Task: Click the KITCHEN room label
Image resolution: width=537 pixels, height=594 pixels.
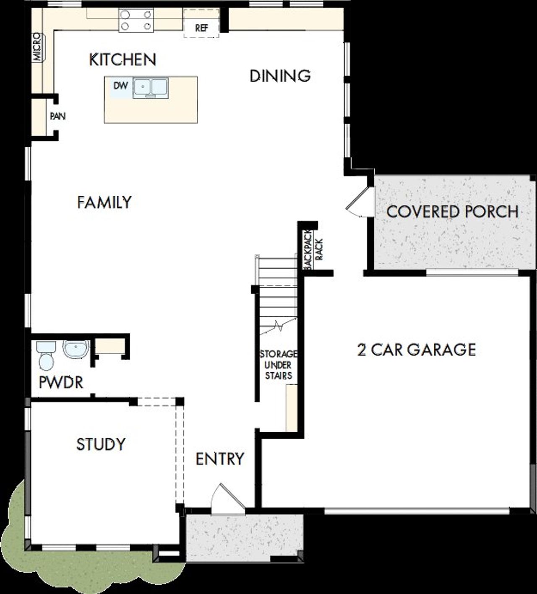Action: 123,60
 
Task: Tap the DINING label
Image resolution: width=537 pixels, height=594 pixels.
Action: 280,76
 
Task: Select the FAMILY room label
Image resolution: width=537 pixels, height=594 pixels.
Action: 104,202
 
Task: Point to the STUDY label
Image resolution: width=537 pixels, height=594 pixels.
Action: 101,444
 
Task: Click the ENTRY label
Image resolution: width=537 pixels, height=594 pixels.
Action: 220,459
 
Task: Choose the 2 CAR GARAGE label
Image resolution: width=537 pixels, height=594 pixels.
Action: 416,350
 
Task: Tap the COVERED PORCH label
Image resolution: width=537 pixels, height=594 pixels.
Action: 452,212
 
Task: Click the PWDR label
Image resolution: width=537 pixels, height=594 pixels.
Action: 61,382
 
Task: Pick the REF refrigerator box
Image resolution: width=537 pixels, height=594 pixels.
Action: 201,28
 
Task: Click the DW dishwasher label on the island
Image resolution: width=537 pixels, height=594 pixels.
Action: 120,86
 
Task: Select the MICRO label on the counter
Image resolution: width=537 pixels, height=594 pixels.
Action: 38,47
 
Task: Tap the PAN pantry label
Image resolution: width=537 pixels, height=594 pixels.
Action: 57,116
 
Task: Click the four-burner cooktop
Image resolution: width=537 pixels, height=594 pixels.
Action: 135,21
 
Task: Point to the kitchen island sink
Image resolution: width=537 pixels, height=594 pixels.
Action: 151,88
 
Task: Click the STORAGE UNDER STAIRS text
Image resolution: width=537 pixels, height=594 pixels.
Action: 278,365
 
